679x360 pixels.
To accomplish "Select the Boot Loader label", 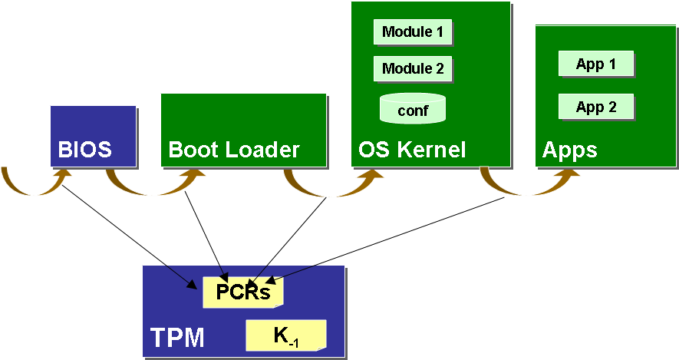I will [233, 149].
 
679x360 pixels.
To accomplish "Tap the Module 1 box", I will [413, 32].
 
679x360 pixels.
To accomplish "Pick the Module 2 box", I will [413, 69].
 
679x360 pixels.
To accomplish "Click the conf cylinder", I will [413, 109].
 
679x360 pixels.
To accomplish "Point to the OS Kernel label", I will [412, 149].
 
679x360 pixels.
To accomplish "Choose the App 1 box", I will [596, 64].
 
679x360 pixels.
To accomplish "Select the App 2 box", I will [596, 107].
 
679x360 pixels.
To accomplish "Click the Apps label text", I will [569, 150].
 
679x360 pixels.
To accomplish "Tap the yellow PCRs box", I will [242, 292].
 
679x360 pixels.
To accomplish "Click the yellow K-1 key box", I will [285, 335].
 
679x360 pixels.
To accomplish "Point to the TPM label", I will [177, 337].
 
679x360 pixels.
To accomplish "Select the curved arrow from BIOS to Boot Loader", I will [150, 184].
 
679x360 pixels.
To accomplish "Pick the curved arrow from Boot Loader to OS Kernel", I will [326, 184].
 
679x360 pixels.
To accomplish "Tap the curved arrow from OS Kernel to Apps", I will [529, 184].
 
